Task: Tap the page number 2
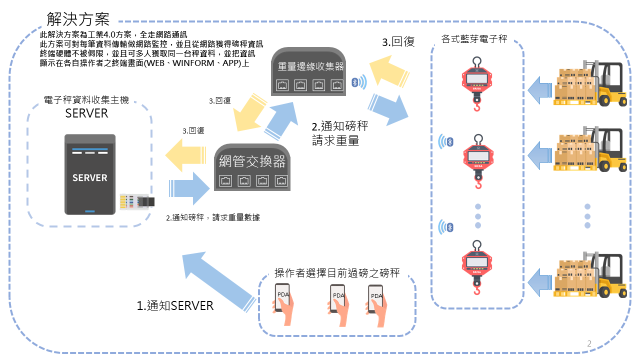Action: (589, 344)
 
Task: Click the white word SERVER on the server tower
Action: (90, 177)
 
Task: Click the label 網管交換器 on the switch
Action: (252, 161)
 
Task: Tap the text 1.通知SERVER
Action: (175, 305)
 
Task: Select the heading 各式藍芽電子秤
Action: (474, 39)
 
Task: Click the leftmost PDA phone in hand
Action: (283, 300)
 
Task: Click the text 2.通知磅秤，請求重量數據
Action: (213, 217)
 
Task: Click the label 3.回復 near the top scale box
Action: (398, 42)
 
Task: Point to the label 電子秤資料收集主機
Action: (86, 100)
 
